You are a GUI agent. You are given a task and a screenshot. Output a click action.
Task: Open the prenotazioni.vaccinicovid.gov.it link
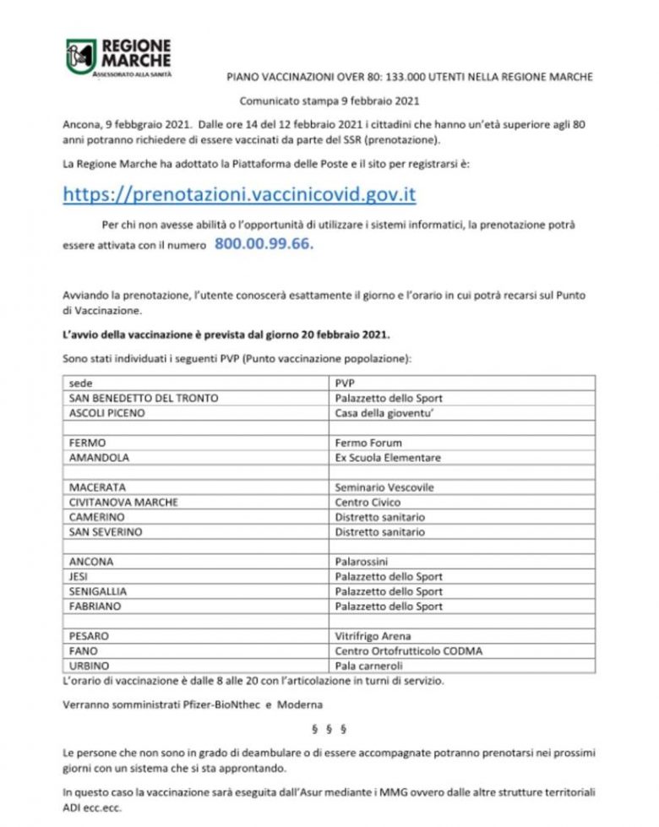tap(239, 194)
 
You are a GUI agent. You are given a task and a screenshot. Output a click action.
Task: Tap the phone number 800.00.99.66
tap(264, 243)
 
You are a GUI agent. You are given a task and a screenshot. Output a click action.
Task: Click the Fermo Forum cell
tap(368, 443)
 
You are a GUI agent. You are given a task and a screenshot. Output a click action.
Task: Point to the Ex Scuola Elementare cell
tap(388, 458)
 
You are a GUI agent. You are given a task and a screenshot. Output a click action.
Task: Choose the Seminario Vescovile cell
tap(385, 487)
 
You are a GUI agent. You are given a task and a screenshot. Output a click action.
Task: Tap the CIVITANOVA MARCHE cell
tap(123, 502)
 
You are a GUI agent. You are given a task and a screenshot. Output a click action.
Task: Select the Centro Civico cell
tap(368, 502)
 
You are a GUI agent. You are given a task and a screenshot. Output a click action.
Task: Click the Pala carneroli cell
tap(369, 666)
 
